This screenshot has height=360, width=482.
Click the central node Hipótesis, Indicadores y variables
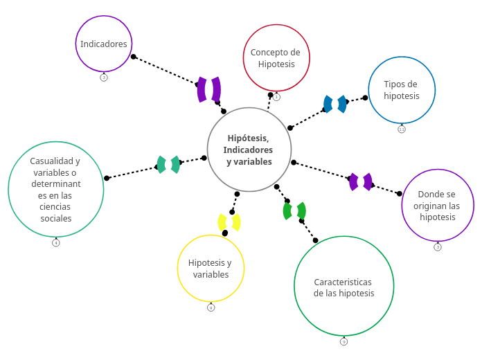249,150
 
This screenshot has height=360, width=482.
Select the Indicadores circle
104,44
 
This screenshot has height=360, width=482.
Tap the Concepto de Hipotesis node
276,58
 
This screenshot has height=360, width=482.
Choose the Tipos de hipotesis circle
402,90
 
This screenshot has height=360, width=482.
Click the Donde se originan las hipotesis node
438,205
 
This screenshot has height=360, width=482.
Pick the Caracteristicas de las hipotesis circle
343,286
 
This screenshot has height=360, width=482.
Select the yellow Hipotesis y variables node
211,269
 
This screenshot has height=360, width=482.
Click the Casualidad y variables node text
56,190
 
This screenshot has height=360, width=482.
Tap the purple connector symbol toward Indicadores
209,89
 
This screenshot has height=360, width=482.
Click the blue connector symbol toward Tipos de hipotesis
335,104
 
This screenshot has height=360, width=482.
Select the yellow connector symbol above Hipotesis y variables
229,222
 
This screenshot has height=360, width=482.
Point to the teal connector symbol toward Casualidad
168,165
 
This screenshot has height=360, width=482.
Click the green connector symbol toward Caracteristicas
294,210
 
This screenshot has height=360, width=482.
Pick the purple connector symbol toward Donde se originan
361,182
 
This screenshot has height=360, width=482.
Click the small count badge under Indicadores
104,78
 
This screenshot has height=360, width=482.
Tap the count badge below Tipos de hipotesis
402,129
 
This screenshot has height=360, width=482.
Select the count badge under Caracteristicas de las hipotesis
343,341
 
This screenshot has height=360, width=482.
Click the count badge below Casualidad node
56,243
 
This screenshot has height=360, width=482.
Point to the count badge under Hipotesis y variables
211,307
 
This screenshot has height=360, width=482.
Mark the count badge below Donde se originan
438,247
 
